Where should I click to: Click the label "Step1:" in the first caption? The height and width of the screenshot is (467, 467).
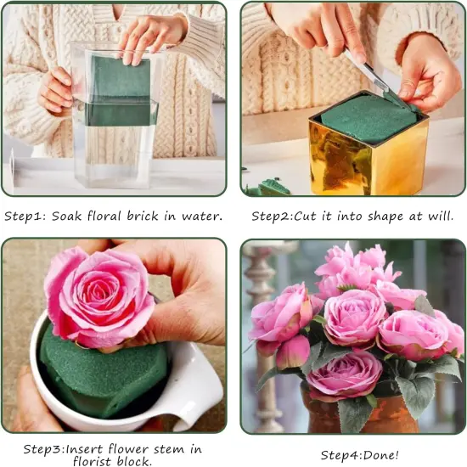[26, 216]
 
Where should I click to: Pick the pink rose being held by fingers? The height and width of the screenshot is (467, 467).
[98, 297]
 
